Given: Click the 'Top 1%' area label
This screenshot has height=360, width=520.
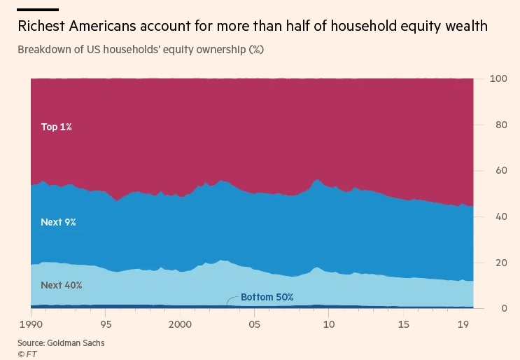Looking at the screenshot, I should click(57, 127).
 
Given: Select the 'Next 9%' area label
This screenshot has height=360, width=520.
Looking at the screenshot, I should click(58, 222).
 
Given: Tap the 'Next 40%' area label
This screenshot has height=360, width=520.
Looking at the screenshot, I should click(62, 285).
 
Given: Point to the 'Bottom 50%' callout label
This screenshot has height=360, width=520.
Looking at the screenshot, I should click(267, 297).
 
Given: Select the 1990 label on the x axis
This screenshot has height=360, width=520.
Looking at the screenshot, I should click(31, 325).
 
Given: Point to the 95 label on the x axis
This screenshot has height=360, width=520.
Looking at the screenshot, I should click(106, 325).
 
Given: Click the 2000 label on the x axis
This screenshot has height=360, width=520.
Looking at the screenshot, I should click(181, 325).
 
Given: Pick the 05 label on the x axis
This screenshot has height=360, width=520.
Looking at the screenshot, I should click(255, 325).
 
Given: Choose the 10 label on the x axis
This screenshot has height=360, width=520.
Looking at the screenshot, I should click(330, 325).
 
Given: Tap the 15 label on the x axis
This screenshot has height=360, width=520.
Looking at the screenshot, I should click(405, 325).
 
